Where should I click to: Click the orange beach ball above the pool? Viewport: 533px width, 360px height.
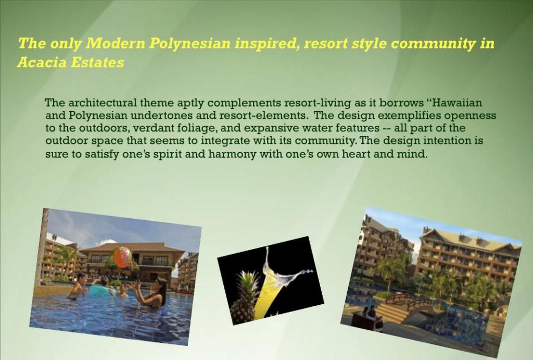122,257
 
